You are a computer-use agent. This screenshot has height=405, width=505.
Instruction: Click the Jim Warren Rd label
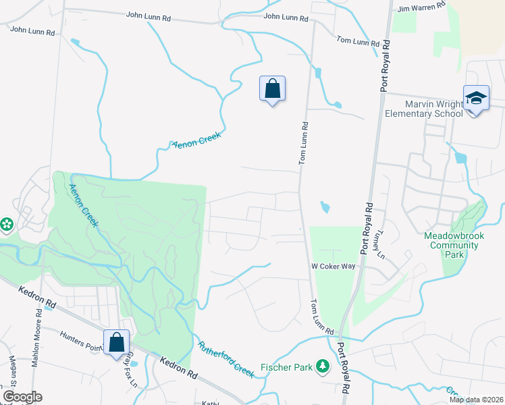[422, 7]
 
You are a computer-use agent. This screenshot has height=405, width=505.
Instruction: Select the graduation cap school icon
[476, 99]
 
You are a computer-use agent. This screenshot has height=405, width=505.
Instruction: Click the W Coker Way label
[333, 267]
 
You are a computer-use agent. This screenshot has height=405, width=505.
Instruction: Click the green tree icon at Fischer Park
[323, 366]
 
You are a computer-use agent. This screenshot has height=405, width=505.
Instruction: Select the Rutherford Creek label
[225, 358]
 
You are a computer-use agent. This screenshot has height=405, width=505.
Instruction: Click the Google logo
[22, 397]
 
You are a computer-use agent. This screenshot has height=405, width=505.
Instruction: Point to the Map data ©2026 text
[476, 400]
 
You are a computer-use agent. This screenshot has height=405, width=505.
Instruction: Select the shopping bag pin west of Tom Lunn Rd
[272, 88]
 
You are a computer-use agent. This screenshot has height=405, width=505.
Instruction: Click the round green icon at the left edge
[6, 223]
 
